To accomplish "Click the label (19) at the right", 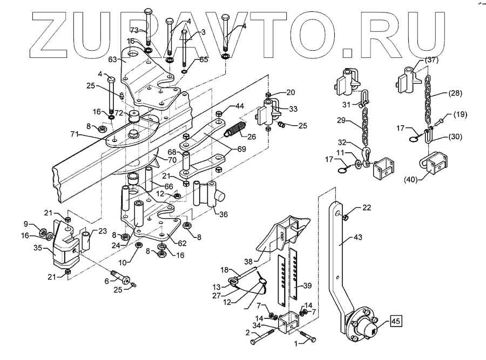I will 460,115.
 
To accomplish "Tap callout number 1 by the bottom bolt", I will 296,343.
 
